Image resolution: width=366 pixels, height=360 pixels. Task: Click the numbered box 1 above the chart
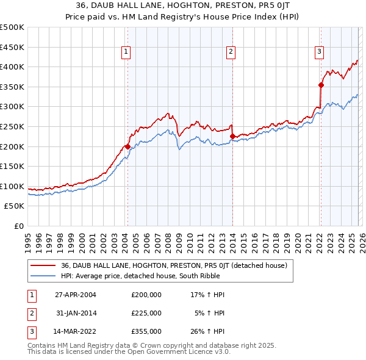point(125,52)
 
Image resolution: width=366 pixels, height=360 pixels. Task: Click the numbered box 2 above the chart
point(231,52)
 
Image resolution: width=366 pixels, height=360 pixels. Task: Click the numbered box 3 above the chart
point(319,52)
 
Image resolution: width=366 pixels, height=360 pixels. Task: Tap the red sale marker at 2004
point(127,146)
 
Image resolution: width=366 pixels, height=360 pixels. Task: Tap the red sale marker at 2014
point(232,136)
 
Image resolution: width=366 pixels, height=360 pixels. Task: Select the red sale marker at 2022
point(320,85)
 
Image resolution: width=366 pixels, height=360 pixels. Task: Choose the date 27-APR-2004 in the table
point(76,295)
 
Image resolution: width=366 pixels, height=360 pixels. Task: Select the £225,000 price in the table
point(146,313)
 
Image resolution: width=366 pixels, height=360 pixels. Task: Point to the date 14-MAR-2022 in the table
point(76,331)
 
